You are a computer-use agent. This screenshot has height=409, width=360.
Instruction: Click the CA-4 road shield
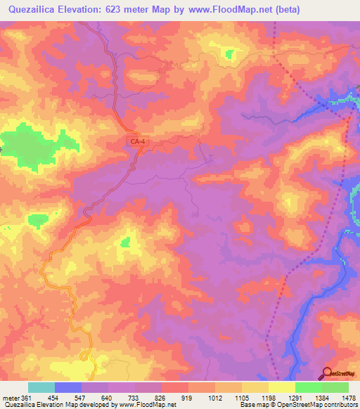click(x=138, y=142)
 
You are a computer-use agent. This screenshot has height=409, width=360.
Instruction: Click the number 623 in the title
click(x=117, y=10)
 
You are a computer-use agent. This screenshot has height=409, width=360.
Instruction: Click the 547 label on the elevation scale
click(x=82, y=398)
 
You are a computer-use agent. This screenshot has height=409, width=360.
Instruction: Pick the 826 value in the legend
click(x=162, y=398)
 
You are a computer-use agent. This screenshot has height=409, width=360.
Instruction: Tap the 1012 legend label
click(x=215, y=398)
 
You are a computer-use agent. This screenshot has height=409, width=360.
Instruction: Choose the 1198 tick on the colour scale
click(x=269, y=398)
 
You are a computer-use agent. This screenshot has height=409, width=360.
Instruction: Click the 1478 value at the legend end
click(x=349, y=398)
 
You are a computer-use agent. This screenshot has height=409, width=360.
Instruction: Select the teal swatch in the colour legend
click(x=41, y=387)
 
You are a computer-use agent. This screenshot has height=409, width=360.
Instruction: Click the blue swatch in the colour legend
click(x=68, y=387)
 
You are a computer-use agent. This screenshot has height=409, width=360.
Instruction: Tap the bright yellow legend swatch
click(x=282, y=387)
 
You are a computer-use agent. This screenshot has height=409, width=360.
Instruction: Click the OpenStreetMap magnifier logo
click(x=328, y=373)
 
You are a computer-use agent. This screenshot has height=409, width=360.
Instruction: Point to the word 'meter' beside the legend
click(x=11, y=398)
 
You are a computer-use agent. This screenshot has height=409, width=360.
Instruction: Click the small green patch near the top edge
click(x=230, y=53)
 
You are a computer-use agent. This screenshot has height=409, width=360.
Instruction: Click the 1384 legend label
click(x=322, y=398)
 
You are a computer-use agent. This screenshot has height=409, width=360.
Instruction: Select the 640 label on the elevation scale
click(x=108, y=398)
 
